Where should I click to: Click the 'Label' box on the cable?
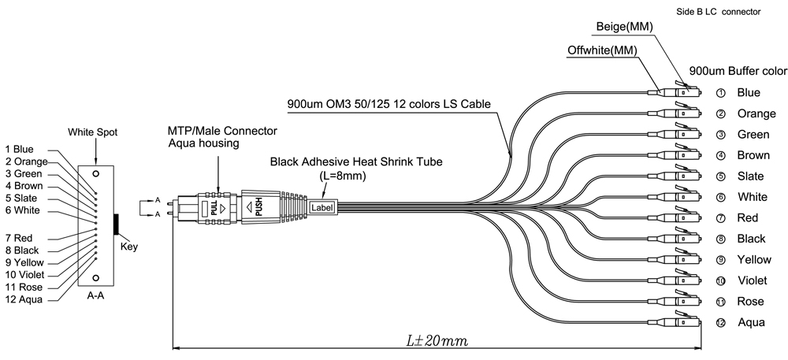322,208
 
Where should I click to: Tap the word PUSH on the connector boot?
258,208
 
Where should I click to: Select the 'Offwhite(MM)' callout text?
602,51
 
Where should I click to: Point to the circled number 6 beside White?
720,196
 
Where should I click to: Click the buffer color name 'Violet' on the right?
751,280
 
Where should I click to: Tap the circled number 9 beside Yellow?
720,259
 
